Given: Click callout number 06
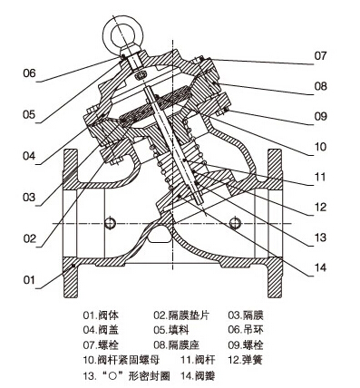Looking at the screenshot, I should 29,73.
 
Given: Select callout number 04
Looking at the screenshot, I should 29,156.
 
